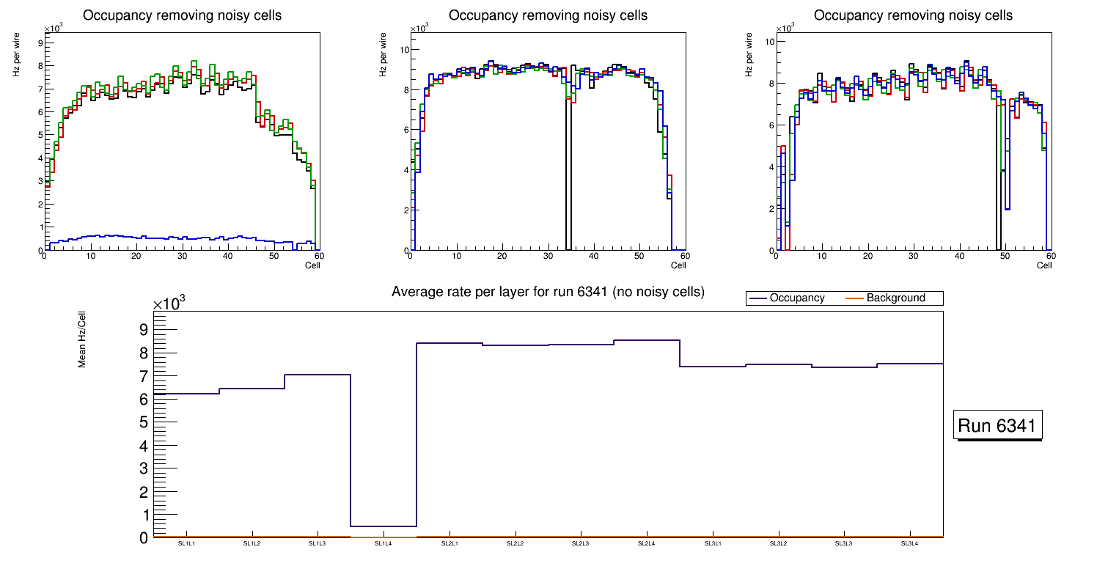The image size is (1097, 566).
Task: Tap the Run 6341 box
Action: tap(998, 426)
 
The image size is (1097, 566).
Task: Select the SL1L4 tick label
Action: tap(384, 544)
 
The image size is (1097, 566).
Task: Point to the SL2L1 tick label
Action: tap(450, 544)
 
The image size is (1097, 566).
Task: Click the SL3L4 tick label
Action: tap(910, 544)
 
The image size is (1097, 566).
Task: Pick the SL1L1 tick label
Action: tap(186, 544)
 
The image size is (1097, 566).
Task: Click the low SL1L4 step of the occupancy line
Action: tap(384, 526)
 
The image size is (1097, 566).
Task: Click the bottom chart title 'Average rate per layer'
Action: tap(548, 292)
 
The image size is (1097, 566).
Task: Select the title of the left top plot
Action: tap(182, 15)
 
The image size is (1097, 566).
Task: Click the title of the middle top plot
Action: tap(548, 15)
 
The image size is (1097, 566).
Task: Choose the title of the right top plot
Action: tap(913, 15)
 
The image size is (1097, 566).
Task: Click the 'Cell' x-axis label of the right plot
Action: tap(1044, 265)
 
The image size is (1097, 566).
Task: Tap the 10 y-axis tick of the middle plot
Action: tap(403, 50)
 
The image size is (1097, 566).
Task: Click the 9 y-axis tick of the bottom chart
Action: tap(144, 330)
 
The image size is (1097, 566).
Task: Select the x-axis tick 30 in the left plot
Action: tap(182, 257)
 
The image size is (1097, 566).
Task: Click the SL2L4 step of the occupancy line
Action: tap(647, 340)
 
